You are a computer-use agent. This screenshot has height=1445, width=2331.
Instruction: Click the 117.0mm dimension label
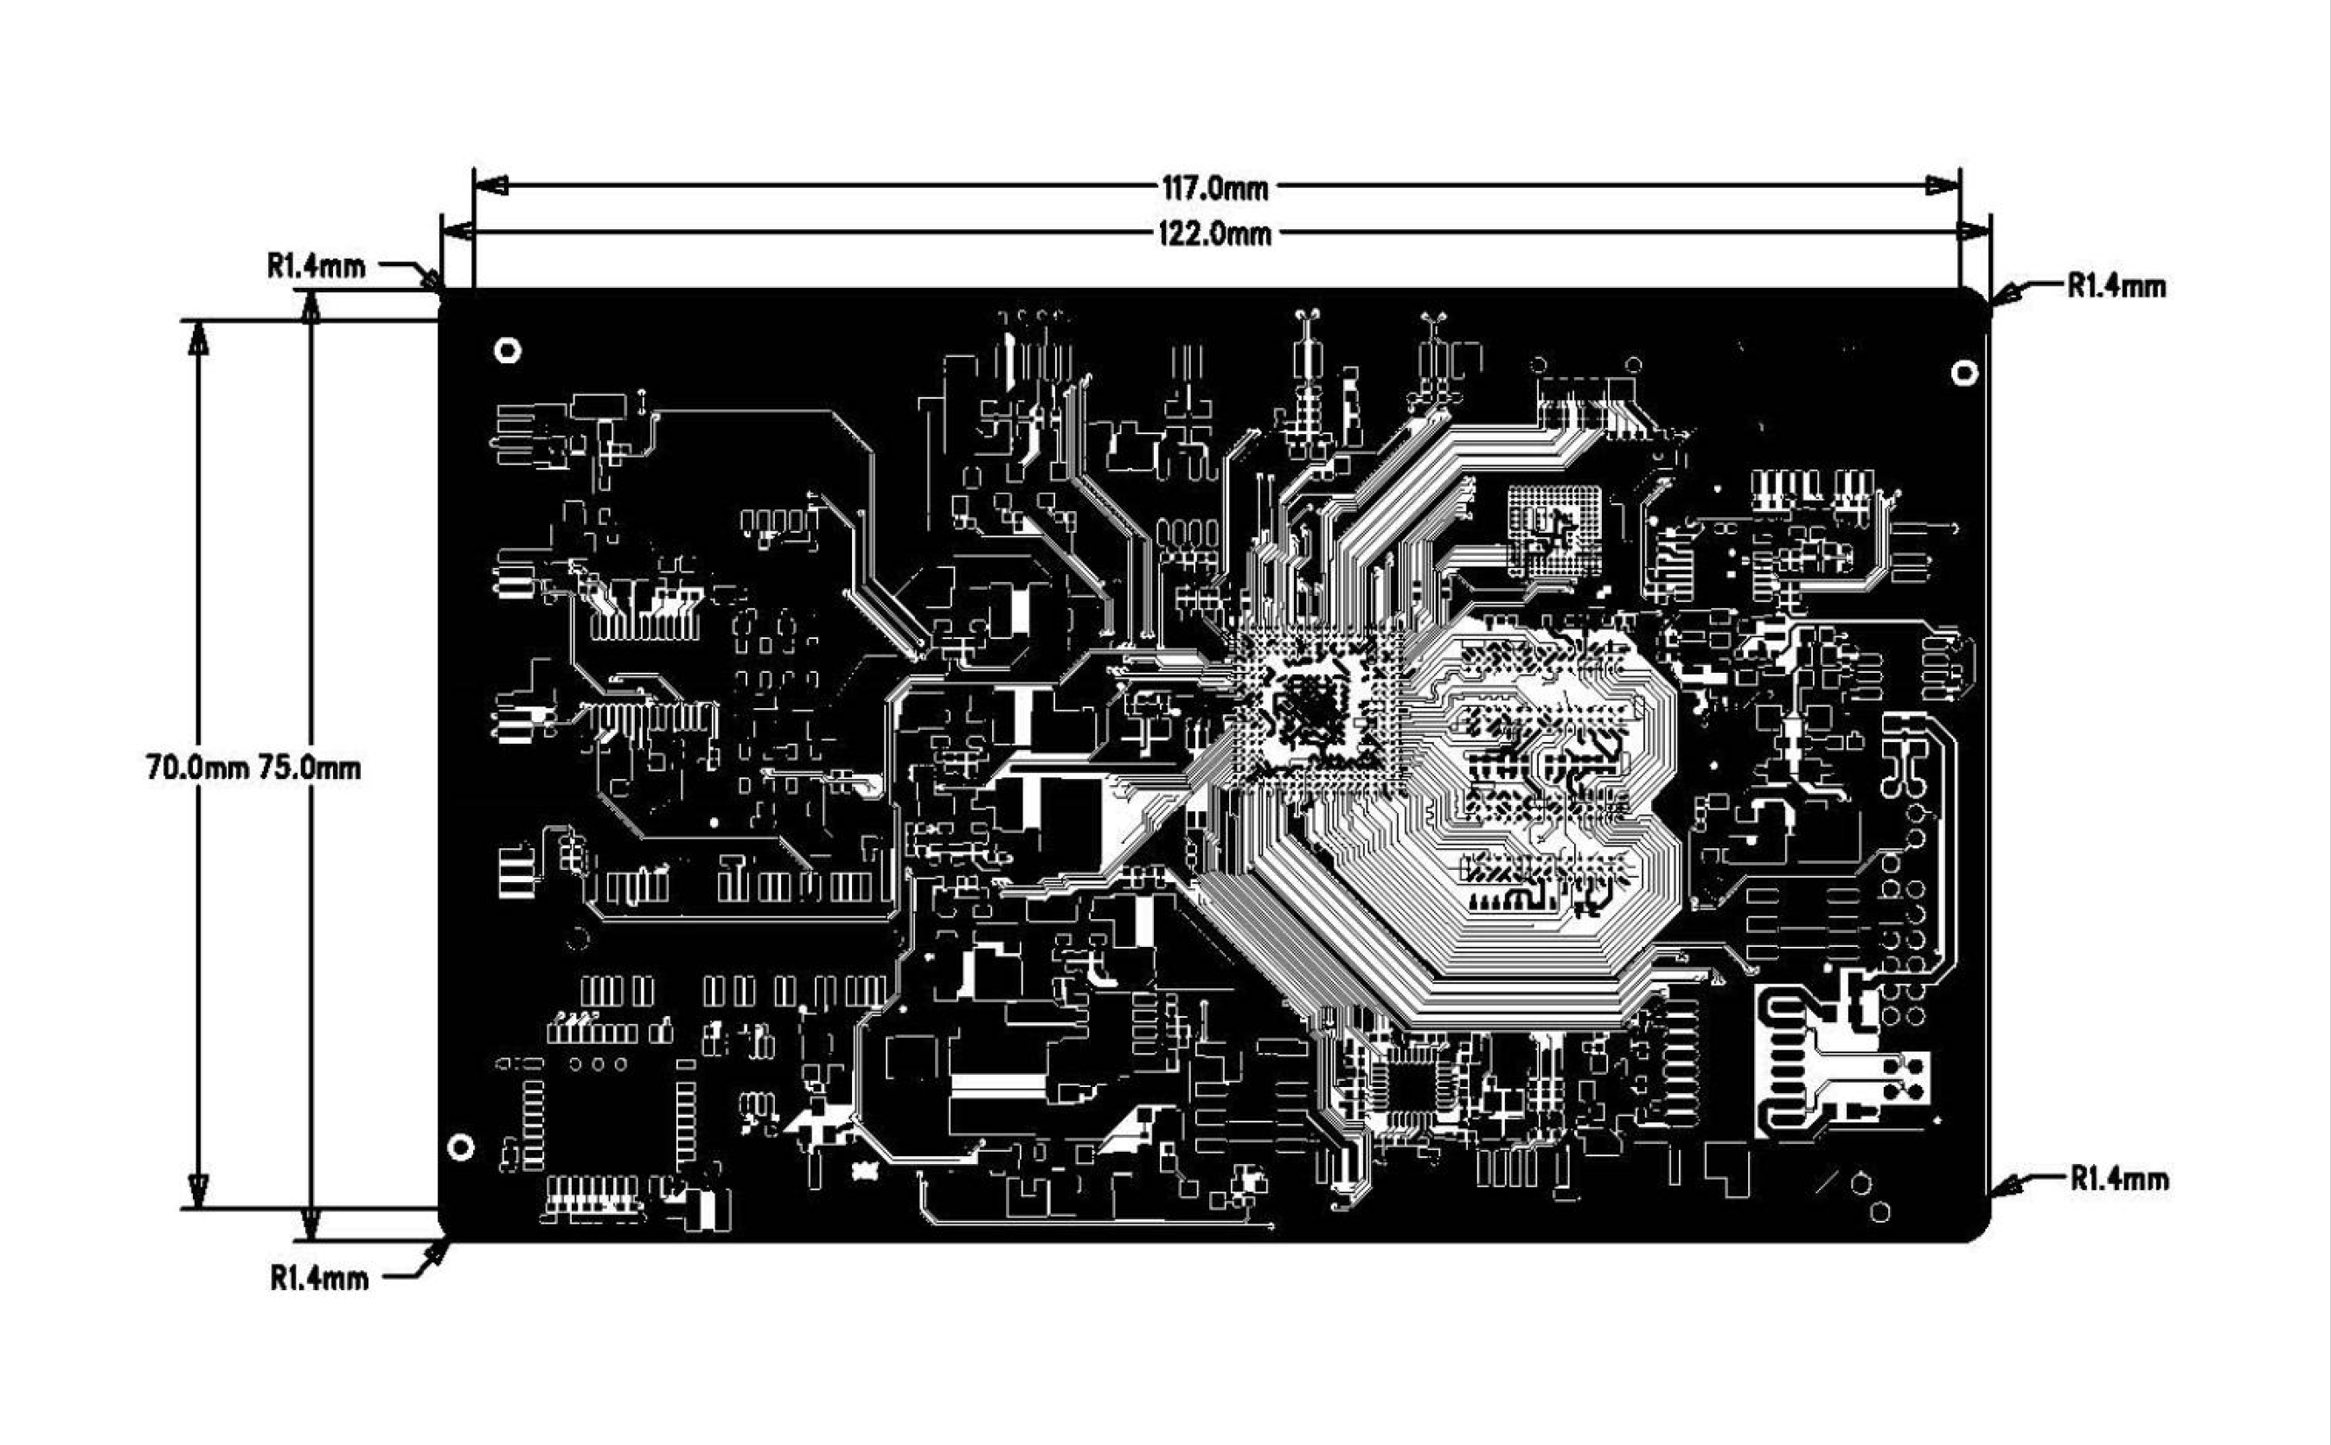(x=1214, y=189)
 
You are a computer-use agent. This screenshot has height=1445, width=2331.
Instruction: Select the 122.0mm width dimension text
(x=1214, y=234)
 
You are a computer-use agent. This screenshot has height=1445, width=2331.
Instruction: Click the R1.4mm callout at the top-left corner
(x=316, y=265)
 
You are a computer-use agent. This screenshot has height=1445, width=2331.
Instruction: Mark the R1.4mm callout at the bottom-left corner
(x=319, y=1278)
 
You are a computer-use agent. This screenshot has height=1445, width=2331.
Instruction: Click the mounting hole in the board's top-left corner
(x=508, y=351)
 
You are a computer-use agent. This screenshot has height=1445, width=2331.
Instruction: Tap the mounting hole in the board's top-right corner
(x=1964, y=373)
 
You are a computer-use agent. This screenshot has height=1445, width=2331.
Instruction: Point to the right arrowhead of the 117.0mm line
(x=1942, y=185)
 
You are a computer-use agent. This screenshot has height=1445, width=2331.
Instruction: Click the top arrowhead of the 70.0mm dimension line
(x=198, y=337)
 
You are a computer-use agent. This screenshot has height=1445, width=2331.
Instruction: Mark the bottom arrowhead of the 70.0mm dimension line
(x=198, y=1191)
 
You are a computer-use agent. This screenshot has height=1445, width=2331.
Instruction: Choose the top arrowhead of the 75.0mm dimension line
(x=311, y=307)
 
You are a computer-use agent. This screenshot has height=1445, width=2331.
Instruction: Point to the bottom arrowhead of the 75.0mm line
(x=311, y=1224)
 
